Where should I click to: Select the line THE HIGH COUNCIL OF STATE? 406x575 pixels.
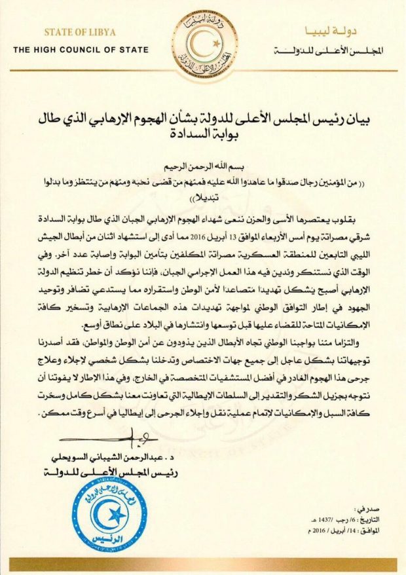pos(81,50)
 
